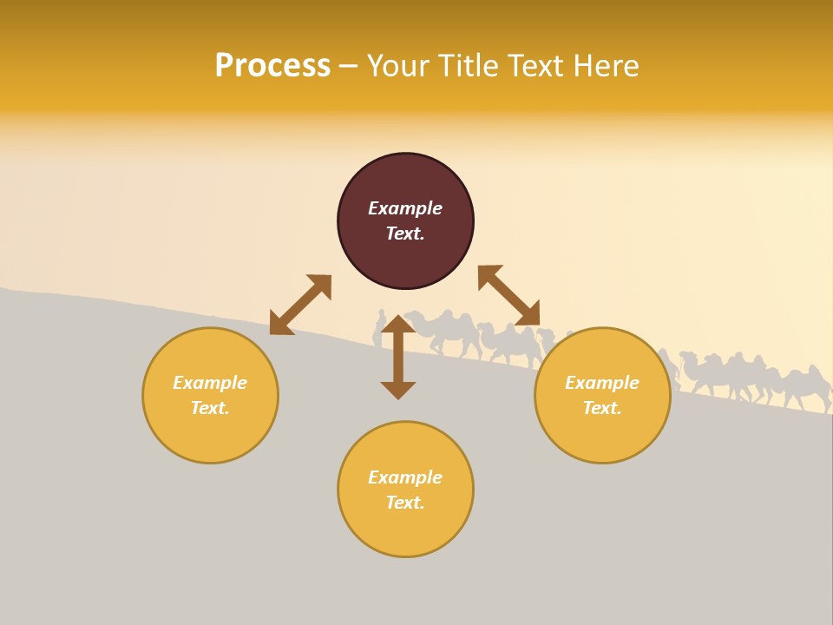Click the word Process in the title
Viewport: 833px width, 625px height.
click(x=272, y=66)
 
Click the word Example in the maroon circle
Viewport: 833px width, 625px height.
click(x=405, y=208)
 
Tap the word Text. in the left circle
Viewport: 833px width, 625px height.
click(x=210, y=408)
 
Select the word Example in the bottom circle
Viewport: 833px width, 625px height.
click(x=405, y=477)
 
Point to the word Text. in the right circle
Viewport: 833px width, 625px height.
click(x=602, y=408)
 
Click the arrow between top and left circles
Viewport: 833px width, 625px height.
click(x=300, y=305)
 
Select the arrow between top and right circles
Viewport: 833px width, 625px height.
click(x=508, y=295)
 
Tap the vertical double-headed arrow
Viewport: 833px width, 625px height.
click(x=398, y=357)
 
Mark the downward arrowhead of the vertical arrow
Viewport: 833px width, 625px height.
click(x=398, y=390)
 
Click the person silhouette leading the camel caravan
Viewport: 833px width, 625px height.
click(x=379, y=328)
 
